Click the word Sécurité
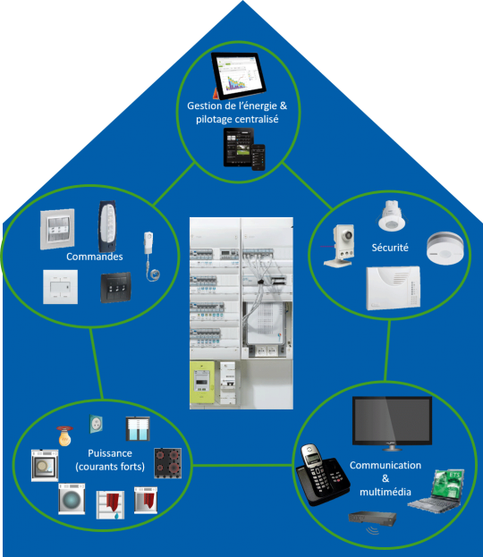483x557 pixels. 390,248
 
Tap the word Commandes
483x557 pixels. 95,257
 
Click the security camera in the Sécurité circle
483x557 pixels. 339,246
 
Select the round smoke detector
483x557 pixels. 445,248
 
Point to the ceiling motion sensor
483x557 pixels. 391,215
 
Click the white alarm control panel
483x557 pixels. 393,288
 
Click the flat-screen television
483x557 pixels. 392,423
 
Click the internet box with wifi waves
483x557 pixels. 372,521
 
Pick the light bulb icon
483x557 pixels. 64,436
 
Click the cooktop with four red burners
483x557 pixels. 168,463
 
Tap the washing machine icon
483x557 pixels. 72,499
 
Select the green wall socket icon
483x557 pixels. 96,424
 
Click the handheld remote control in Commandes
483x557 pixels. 107,226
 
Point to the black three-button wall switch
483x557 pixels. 115,287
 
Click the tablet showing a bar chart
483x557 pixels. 238,76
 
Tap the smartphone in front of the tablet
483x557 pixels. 258,157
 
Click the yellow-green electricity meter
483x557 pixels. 202,383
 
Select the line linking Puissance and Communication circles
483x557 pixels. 243,465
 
